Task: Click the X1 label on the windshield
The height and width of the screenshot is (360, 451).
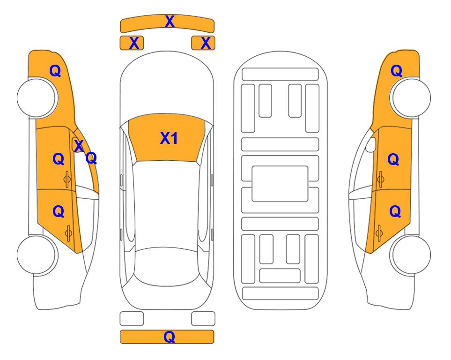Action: point(169,138)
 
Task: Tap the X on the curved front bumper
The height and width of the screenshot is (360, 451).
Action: point(170,22)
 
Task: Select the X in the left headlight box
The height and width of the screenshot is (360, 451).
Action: point(134,43)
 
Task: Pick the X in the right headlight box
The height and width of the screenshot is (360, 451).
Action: point(206,43)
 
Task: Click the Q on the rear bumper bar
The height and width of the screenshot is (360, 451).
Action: point(169,337)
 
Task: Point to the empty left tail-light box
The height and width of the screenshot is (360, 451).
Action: point(132,319)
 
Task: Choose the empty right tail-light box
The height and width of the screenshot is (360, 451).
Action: point(203,319)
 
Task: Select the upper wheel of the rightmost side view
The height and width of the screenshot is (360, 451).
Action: point(410,97)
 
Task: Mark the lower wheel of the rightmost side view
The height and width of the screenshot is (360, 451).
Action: point(410,255)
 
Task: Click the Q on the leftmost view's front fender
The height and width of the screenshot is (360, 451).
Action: point(55,71)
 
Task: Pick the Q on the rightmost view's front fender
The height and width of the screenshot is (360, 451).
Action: point(396,71)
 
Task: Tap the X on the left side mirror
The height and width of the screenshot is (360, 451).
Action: point(79,146)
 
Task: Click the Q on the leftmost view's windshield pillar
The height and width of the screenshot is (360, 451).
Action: point(91,158)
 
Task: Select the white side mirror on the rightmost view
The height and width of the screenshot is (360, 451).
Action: point(370,144)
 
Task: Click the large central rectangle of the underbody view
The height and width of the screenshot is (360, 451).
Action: point(280,184)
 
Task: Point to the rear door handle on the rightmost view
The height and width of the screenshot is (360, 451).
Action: point(379,233)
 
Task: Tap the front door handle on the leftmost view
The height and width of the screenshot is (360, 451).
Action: point(67,180)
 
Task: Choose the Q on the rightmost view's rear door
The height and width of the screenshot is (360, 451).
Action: point(395,212)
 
